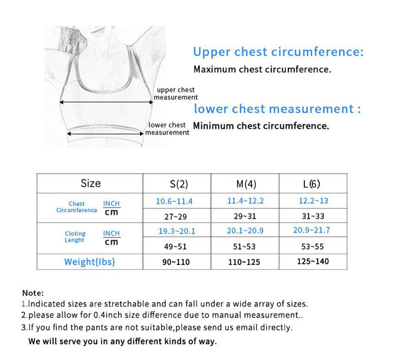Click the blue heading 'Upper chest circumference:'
[278, 52]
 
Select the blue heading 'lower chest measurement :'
[277, 109]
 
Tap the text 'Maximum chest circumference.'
[262, 70]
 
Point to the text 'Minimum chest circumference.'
[261, 126]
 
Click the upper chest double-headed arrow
[106, 102]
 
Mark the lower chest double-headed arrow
[105, 133]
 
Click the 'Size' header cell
[91, 183]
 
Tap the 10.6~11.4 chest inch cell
[174, 201]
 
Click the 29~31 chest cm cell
[244, 216]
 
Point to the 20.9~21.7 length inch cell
[311, 230]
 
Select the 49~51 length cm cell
[176, 246]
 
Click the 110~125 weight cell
[244, 262]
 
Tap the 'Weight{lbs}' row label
[90, 262]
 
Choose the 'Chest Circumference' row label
[77, 207]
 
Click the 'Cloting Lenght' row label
[75, 237]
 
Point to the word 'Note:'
[33, 293]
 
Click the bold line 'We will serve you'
[122, 342]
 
